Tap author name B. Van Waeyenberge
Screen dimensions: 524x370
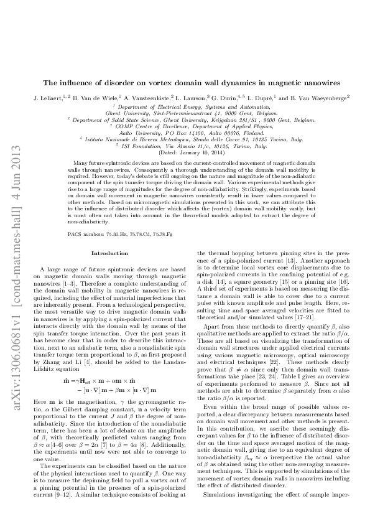316,98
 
